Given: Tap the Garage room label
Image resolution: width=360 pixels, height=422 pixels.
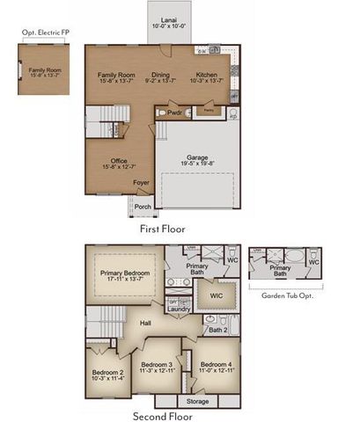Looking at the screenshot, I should tap(196, 156).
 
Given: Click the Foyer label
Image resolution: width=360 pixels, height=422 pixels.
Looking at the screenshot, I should tap(141, 183).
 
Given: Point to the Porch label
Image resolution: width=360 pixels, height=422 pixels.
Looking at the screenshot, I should tap(142, 207).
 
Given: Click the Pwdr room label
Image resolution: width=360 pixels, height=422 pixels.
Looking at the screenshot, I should tap(174, 113).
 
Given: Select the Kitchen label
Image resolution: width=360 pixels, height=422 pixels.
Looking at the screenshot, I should tap(208, 76).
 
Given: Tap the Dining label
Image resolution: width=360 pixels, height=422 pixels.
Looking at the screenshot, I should tap(160, 76).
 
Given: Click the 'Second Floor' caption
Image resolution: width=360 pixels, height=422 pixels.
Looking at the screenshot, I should tap(163, 416).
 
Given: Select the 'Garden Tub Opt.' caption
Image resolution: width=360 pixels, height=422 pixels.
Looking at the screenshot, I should tap(287, 295).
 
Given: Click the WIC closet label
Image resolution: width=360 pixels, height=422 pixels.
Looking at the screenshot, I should tap(216, 295).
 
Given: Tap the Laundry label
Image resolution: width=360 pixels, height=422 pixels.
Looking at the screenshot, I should tap(179, 309).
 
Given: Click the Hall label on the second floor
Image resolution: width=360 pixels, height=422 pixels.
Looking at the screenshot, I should tap(147, 324).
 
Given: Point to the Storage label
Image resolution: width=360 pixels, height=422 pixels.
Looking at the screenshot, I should tap(198, 401).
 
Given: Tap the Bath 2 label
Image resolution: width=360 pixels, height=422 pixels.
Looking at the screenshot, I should tap(220, 331).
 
